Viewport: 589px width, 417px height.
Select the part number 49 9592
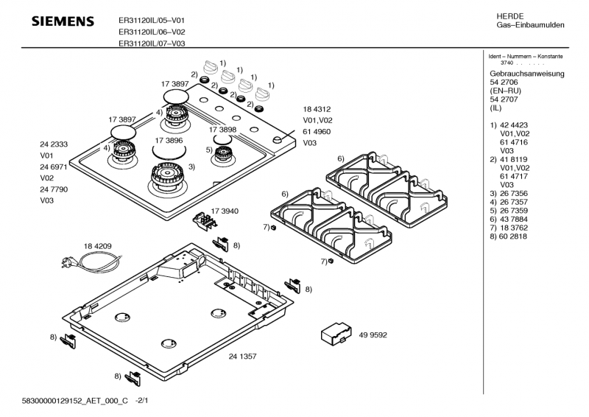pyautogui.click(x=373, y=335)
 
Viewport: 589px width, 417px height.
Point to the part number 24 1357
pyautogui.click(x=242, y=357)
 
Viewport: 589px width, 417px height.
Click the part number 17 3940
pyautogui.click(x=225, y=211)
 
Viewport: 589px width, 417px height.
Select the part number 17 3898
pyautogui.click(x=222, y=129)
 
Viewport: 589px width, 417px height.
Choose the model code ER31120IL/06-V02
pyautogui.click(x=152, y=32)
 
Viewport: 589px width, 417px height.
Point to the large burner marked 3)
pyautogui.click(x=169, y=177)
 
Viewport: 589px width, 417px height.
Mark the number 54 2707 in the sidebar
pyautogui.click(x=505, y=99)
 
